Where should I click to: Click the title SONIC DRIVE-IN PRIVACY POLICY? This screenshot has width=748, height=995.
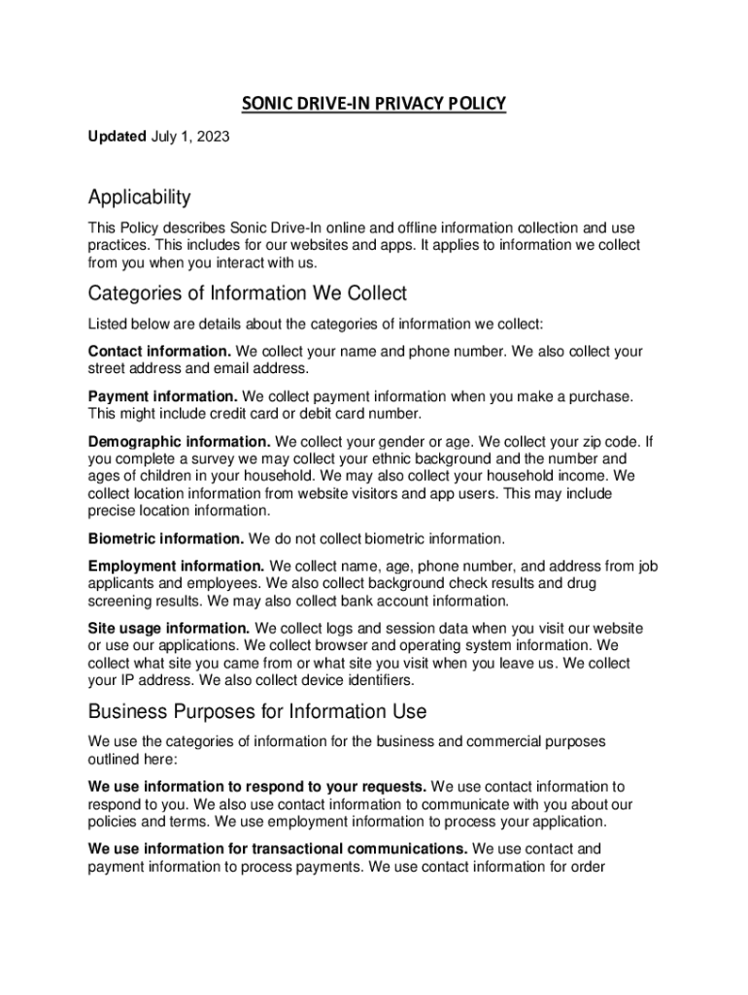(374, 103)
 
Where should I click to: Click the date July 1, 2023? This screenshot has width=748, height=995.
(190, 137)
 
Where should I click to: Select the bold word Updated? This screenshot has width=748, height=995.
(118, 137)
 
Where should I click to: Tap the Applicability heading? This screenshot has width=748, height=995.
(139, 198)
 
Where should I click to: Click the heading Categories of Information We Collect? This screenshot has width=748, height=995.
(247, 293)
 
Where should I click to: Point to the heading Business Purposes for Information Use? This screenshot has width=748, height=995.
(256, 711)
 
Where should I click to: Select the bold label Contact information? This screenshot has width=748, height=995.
(159, 351)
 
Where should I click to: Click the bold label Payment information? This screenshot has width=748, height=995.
(162, 396)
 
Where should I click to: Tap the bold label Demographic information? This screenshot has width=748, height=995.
(180, 442)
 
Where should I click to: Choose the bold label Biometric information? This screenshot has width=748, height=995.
(166, 538)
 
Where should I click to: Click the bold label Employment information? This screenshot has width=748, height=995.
(176, 566)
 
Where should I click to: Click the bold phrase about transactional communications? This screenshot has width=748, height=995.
(278, 848)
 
